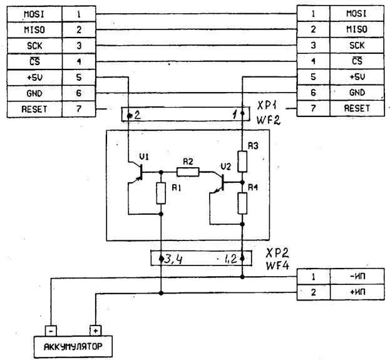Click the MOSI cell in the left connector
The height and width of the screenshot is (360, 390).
click(x=34, y=14)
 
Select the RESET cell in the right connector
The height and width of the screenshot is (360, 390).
click(x=357, y=108)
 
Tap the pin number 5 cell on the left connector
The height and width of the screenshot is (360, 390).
click(x=79, y=78)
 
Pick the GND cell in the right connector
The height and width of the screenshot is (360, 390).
click(x=357, y=93)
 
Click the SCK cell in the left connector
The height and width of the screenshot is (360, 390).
click(x=34, y=46)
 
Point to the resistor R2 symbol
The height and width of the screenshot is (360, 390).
click(x=188, y=172)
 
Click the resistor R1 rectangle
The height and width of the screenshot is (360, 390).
click(x=161, y=193)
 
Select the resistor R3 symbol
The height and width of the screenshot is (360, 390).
click(x=242, y=162)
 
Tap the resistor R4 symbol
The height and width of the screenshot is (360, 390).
click(x=242, y=203)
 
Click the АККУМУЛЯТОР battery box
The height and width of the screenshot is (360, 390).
click(x=73, y=347)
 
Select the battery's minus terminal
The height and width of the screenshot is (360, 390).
click(x=51, y=331)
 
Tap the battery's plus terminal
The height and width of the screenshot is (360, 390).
click(x=96, y=331)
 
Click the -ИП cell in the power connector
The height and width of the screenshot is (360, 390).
click(x=357, y=276)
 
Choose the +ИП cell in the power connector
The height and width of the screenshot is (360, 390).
click(x=357, y=292)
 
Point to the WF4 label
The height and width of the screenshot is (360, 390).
click(x=277, y=265)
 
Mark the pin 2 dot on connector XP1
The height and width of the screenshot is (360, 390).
click(x=129, y=116)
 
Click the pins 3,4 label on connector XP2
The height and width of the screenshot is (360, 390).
click(x=173, y=259)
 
